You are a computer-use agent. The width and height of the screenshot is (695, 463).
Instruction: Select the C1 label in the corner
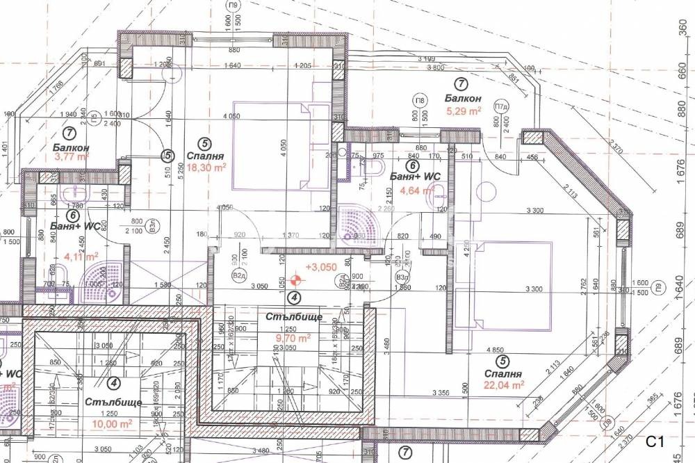(x=656, y=441)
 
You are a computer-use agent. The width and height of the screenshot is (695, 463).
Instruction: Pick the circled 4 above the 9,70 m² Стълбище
(x=295, y=298)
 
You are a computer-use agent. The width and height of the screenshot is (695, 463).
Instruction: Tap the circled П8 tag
(x=419, y=100)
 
